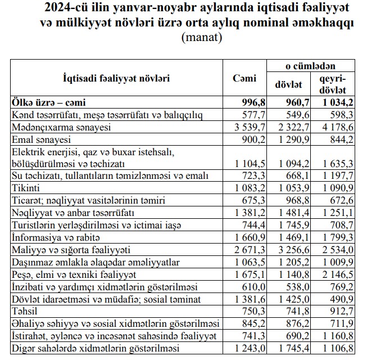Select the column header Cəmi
[244, 79]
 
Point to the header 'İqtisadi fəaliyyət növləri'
[117, 79]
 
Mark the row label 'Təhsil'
[25, 310]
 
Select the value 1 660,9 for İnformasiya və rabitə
[248, 237]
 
